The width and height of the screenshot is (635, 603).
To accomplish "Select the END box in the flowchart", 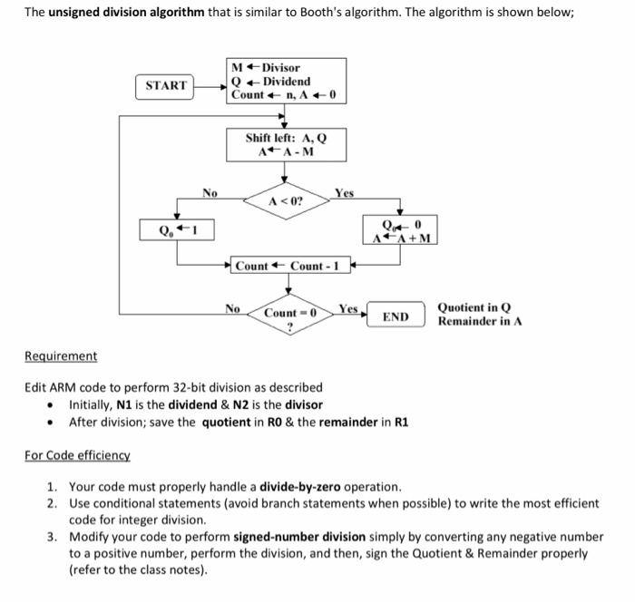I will click(396, 316).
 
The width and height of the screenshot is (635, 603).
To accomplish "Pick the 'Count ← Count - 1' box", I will click(288, 266).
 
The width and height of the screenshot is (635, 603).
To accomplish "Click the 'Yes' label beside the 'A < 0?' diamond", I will click(344, 193).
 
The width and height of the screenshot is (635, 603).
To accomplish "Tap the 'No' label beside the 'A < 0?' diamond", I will click(210, 192).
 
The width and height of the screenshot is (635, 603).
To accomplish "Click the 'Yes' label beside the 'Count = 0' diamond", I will click(348, 308).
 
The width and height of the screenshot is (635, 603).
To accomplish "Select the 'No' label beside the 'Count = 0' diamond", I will click(232, 308).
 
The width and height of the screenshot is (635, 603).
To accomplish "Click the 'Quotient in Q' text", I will click(474, 308).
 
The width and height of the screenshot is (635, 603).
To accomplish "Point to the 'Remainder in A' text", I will click(479, 321).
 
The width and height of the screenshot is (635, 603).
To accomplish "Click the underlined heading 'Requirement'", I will click(61, 356).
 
